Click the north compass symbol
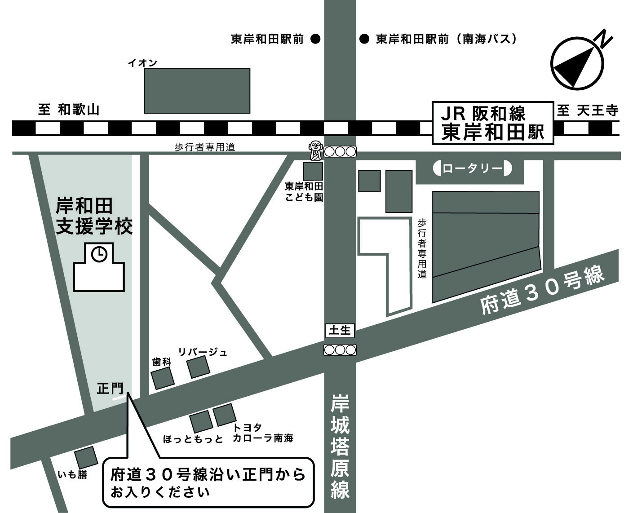tap(577, 63)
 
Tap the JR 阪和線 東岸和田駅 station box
tap(492, 123)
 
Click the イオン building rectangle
tap(197, 90)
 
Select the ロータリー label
tap(472, 169)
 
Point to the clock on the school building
tap(99, 254)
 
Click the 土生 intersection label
tap(340, 331)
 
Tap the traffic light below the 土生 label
tap(340, 350)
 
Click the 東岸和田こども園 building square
tap(313, 171)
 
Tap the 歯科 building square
tap(162, 378)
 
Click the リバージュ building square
tap(199, 367)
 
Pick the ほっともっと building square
tap(201, 421)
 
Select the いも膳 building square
tap(86, 458)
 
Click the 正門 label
tap(110, 388)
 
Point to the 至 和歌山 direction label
tap(68, 110)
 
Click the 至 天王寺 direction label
tap(588, 111)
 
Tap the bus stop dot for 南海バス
tap(364, 39)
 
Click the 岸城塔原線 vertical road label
tap(340, 447)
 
